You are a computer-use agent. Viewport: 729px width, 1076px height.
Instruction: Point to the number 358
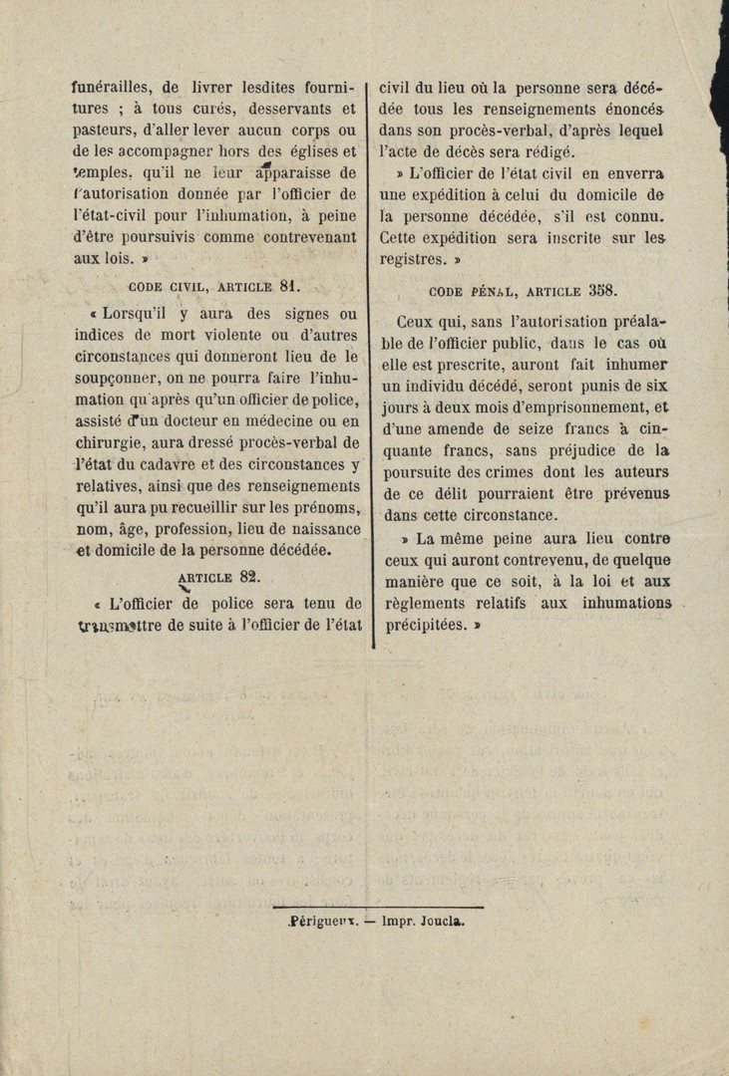click(x=604, y=291)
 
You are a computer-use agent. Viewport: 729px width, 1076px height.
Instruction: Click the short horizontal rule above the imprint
click(x=378, y=907)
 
